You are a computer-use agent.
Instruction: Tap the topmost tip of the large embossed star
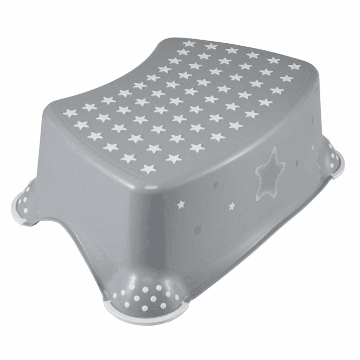click(x=276, y=149)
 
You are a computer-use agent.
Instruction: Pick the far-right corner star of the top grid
click(x=294, y=67)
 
